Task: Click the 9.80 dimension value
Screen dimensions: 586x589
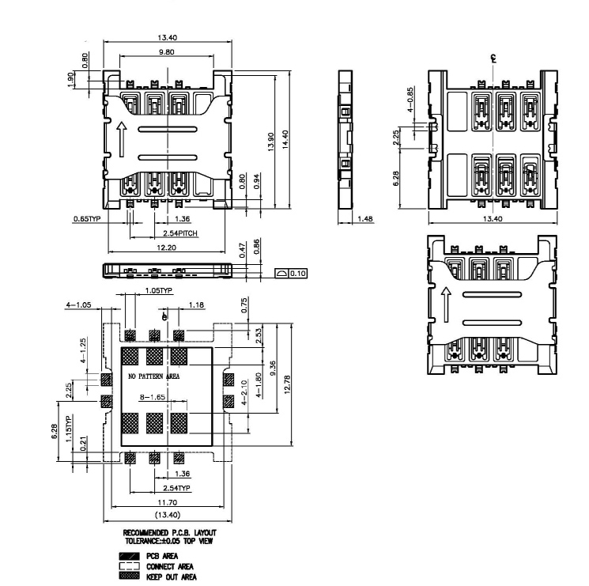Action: (x=164, y=52)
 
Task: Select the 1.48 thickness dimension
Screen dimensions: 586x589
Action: (x=365, y=218)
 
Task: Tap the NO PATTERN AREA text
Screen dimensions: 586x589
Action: (x=154, y=377)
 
